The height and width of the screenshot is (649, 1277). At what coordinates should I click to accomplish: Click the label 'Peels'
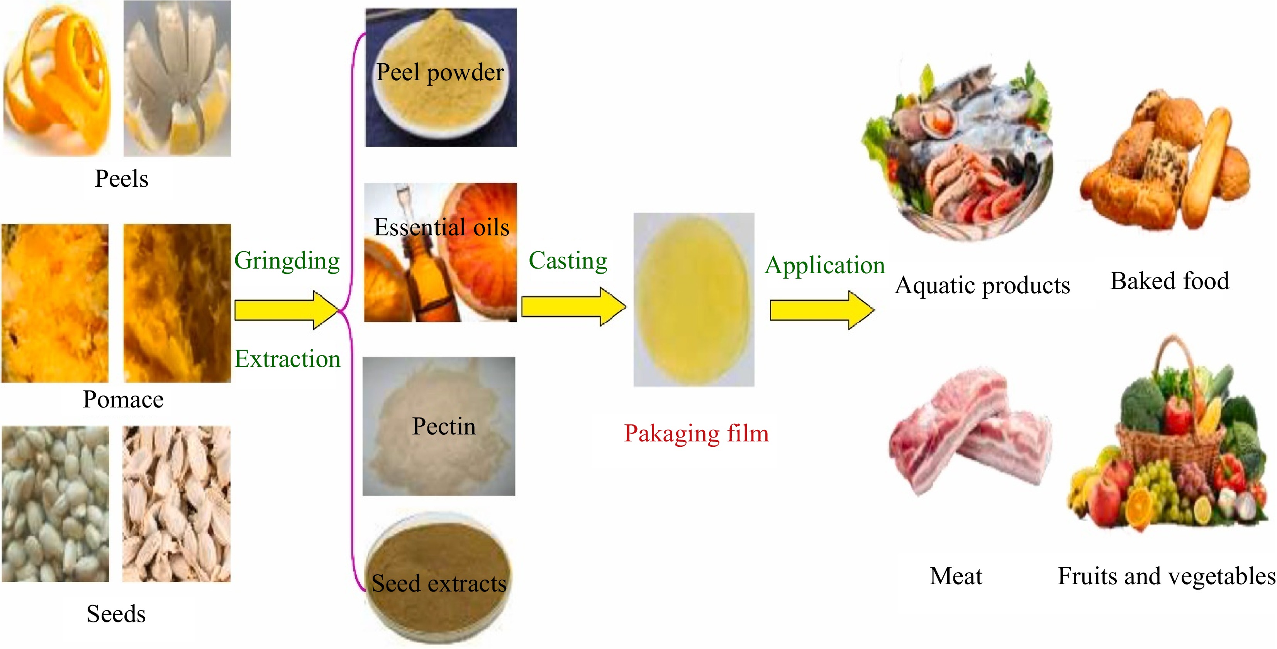point(122,179)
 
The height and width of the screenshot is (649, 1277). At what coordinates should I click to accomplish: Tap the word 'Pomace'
point(123,399)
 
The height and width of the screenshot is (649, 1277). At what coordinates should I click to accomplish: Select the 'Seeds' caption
point(116,614)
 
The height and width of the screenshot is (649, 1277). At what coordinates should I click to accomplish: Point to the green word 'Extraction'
point(288,359)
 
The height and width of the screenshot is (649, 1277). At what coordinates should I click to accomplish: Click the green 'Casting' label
point(568,260)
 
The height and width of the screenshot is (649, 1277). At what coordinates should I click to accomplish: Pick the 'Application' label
point(824,265)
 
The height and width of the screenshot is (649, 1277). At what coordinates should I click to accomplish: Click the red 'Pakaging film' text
point(696,433)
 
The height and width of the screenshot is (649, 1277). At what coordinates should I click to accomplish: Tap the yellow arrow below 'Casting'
point(573,307)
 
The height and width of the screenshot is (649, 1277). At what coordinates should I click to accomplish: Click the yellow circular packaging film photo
point(694,300)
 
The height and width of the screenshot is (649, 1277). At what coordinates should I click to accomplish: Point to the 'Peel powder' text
point(440,72)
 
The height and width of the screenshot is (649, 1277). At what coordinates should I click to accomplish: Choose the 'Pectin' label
point(444,426)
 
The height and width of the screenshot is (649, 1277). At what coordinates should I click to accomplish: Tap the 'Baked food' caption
point(1169,281)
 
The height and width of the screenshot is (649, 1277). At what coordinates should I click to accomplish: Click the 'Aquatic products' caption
point(982,286)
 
